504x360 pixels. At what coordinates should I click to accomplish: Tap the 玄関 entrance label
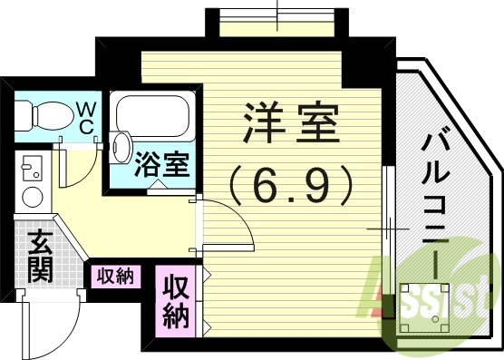point(38,256)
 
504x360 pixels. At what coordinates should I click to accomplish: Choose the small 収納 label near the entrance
point(115,276)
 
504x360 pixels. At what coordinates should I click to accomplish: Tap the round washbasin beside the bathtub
point(121,144)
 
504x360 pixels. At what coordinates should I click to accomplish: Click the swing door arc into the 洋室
point(227,223)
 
